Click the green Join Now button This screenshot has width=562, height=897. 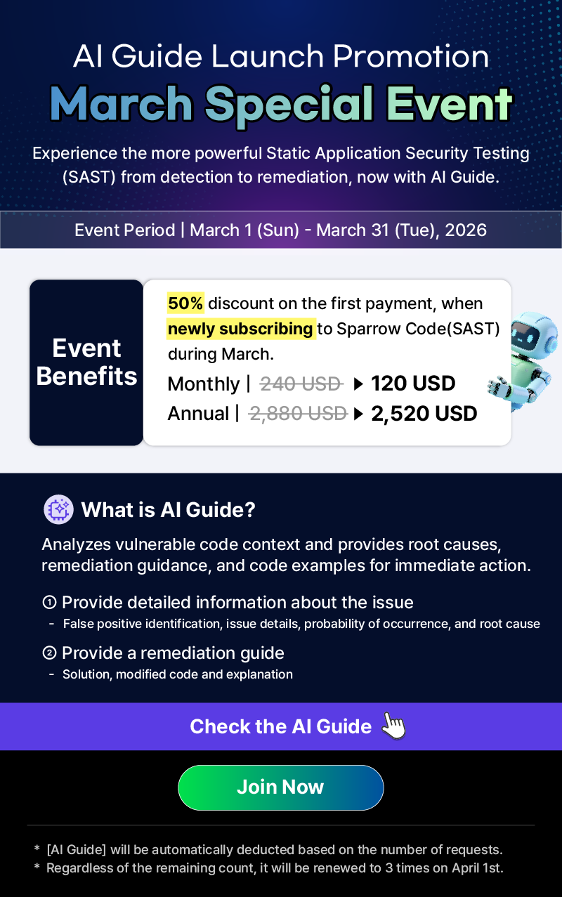point(280,787)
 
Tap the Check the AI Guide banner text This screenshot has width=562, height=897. point(280,726)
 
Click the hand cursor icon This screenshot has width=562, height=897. point(393,725)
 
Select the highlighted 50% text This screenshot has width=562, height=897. point(185,303)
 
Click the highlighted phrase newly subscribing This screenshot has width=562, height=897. point(241,328)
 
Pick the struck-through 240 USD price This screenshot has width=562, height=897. point(301,384)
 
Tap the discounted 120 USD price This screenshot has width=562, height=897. point(413,384)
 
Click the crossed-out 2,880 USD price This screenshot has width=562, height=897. point(298,413)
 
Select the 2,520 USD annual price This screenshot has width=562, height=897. point(424,413)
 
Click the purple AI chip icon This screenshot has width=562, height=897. point(58,509)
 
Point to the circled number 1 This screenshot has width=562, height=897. point(49,602)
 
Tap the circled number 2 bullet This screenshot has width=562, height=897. point(49,653)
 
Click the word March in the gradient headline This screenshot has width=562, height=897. point(121,103)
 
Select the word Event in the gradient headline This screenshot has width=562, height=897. point(449,103)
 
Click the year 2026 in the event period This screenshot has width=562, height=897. point(466,230)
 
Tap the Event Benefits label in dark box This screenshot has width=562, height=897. point(86,362)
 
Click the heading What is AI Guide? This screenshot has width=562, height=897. point(168,510)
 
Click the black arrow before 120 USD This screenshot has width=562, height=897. point(358,384)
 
